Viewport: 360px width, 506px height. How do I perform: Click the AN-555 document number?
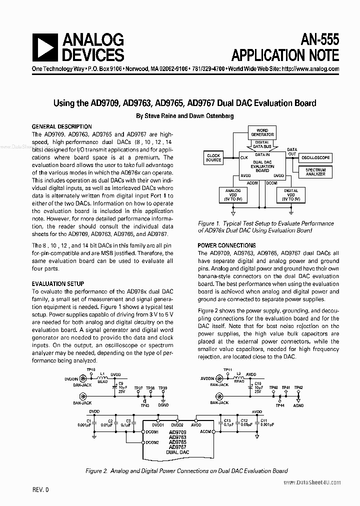coord(316,39)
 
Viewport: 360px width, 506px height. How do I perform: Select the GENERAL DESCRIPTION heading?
coord(61,127)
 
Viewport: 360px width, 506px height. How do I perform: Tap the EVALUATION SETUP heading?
coord(58,284)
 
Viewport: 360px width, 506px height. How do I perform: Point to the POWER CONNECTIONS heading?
coord(226,245)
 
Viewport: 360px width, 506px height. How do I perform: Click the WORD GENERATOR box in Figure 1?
coord(262,132)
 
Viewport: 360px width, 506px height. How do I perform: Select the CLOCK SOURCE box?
coord(213,158)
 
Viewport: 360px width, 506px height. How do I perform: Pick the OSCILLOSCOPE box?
coord(315,157)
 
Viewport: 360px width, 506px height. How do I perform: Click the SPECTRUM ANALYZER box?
coord(315,172)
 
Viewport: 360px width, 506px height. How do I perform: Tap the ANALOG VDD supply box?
coord(233,194)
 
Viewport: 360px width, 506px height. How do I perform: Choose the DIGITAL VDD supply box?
coord(290,194)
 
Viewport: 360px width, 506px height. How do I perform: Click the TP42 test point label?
coord(298,388)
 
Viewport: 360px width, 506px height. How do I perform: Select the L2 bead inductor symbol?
coord(238,377)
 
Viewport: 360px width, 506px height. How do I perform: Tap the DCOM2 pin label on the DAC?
coord(152,442)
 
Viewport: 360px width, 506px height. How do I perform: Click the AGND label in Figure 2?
coord(298,405)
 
